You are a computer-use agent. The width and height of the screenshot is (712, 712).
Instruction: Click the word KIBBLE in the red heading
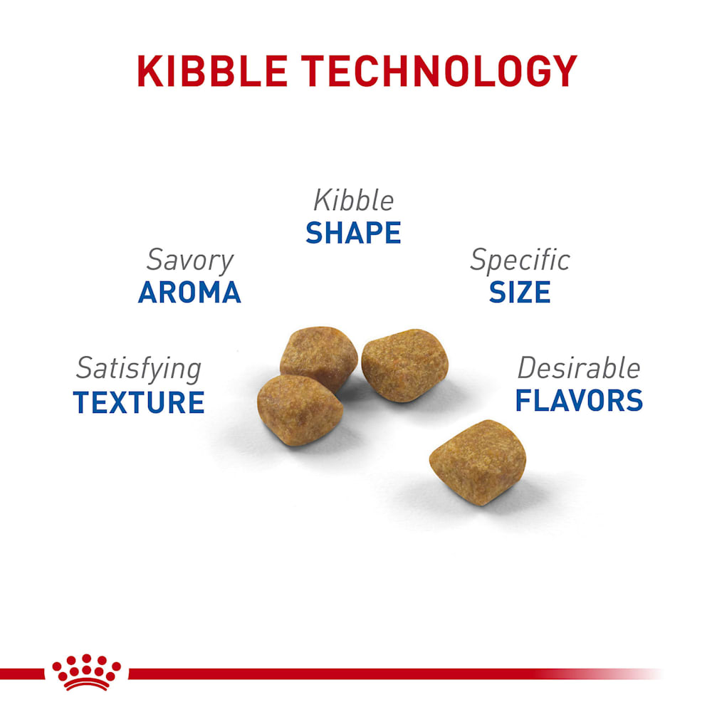point(212,70)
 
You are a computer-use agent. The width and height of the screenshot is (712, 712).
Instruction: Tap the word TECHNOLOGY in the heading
point(439,70)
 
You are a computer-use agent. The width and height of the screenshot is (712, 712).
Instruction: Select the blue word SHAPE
point(353,233)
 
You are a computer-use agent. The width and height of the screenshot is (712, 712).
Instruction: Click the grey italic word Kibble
point(353,200)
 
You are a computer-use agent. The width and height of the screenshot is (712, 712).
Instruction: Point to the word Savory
point(190,261)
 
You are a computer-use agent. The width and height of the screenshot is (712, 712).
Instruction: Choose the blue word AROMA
point(189,292)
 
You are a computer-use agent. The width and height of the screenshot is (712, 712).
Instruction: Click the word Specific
point(520,261)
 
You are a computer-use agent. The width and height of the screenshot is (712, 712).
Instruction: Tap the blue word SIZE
point(520,292)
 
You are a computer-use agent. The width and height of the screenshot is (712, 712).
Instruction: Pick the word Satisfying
point(139,369)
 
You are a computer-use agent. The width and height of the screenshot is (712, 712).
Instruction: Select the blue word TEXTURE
point(139,402)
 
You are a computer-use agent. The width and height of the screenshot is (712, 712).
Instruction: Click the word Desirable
point(579,368)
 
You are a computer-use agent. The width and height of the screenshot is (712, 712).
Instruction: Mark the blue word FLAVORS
point(579,400)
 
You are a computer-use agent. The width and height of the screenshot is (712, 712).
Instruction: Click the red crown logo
point(86,673)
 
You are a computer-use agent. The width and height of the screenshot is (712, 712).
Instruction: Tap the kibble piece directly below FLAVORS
point(478,462)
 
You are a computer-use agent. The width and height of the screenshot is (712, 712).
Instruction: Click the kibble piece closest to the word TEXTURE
point(300,410)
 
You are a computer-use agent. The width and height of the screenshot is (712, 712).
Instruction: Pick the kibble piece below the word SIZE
point(404,365)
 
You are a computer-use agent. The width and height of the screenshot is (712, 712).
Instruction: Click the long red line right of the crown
point(395,674)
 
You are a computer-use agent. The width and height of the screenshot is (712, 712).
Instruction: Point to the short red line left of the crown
point(22,674)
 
